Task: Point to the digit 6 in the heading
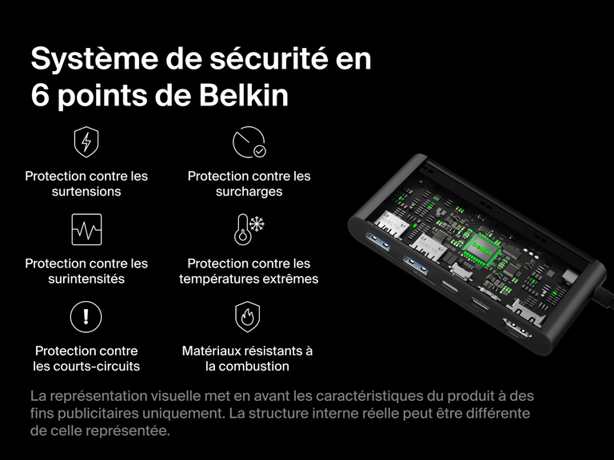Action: [40, 96]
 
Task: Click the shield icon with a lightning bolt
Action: [86, 143]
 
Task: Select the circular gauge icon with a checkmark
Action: [249, 143]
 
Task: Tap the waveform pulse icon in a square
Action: [86, 230]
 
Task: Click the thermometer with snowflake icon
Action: [249, 230]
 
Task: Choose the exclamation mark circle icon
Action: [86, 317]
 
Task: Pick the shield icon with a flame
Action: [248, 317]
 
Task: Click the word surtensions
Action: [86, 192]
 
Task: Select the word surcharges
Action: [249, 192]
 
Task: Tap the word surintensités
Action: [86, 279]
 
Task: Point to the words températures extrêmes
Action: [249, 279]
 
